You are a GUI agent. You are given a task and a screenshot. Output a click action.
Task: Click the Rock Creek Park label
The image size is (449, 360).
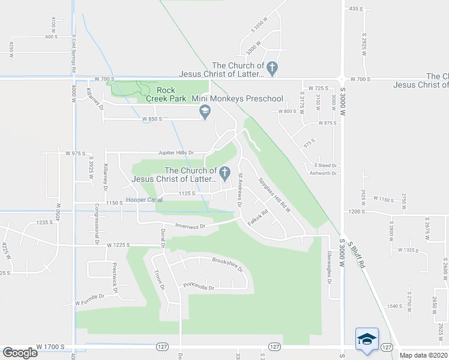coord(162,94)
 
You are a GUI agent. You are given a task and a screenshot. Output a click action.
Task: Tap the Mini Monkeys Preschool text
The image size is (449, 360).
coord(237,98)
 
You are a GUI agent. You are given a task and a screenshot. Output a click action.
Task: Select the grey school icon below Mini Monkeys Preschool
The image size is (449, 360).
coord(205,112)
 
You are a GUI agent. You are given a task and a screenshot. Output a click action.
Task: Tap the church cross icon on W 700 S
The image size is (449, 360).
coord(272,69)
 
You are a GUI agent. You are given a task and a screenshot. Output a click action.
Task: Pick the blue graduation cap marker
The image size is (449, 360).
coord(367,340)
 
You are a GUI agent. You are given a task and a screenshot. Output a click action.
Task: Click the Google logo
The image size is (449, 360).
coord(20,353)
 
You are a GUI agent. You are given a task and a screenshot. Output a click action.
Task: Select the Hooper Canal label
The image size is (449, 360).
coord(144,200)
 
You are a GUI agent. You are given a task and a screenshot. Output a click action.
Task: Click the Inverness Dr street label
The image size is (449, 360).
coord(190,226)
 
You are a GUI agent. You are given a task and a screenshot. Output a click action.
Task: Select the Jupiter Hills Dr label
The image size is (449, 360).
coord(176,152)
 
